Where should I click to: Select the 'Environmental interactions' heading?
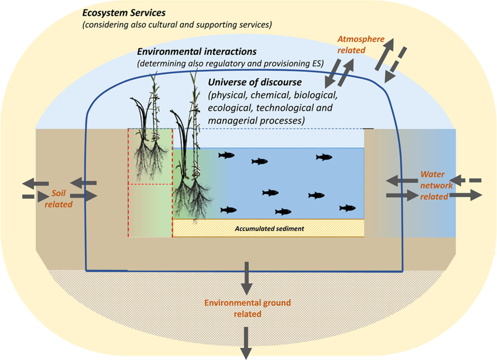pos(197,52)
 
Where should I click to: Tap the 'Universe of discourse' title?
pos(255,82)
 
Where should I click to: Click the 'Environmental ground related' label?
pos(247,308)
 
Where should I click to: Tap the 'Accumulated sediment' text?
pos(269,229)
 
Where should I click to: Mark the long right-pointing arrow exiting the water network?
pos(466,195)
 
